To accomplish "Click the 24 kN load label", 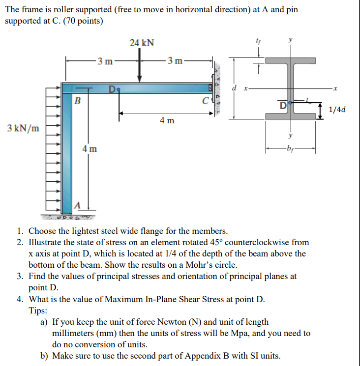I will [x=142, y=43].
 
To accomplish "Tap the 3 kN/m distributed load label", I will [x=24, y=128].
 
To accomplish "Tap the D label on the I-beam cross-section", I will [x=284, y=106].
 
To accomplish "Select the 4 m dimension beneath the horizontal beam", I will [x=167, y=120].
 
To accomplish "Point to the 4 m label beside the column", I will [x=90, y=148].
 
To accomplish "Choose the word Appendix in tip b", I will [x=181, y=356].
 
